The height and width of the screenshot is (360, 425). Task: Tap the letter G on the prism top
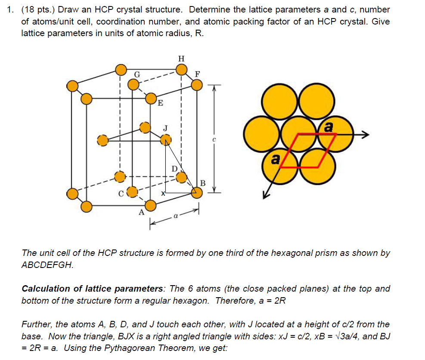[x=137, y=74]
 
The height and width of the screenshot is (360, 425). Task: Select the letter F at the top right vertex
[x=198, y=74]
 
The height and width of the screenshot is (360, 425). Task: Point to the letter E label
[x=160, y=103]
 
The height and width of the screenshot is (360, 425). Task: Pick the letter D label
[x=174, y=168]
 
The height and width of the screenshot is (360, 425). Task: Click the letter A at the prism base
[x=141, y=212]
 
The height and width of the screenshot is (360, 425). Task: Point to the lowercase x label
[x=163, y=194]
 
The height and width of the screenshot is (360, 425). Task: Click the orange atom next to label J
[x=166, y=139]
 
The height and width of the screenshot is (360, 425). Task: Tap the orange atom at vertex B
[x=196, y=194]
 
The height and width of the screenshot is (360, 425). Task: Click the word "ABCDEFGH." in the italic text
[x=47, y=265]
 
